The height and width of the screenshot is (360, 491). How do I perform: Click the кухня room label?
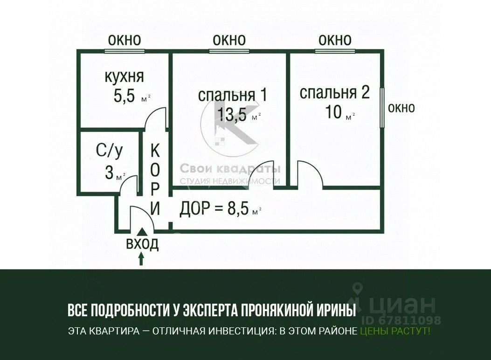(x=124, y=76)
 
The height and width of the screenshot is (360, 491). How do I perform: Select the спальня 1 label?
(x=232, y=95)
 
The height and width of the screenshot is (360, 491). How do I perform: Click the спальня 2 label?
(x=334, y=92)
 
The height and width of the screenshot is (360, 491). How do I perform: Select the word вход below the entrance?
(x=143, y=243)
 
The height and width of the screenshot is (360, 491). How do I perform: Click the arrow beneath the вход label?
(x=142, y=258)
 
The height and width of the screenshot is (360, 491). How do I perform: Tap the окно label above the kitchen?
(x=124, y=40)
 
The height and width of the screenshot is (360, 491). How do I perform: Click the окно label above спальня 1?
(x=229, y=40)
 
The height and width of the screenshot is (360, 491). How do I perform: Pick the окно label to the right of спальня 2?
(x=401, y=108)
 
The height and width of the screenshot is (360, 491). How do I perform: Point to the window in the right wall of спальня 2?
(x=382, y=107)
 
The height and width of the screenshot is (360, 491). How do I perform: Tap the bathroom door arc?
(x=128, y=184)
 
